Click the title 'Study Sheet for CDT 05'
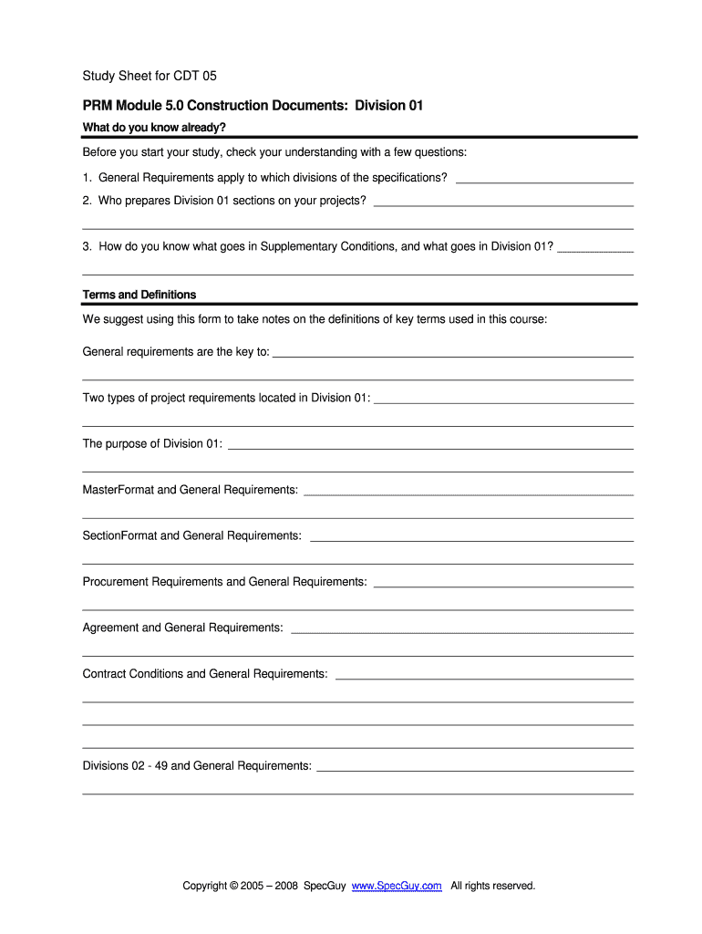click(150, 76)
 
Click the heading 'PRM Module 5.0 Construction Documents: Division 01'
click(253, 106)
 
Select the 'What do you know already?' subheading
click(153, 127)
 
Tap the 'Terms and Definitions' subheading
click(139, 295)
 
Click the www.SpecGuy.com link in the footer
click(397, 886)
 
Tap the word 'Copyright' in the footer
click(205, 886)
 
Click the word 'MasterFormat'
click(119, 490)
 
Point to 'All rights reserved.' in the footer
click(492, 886)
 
